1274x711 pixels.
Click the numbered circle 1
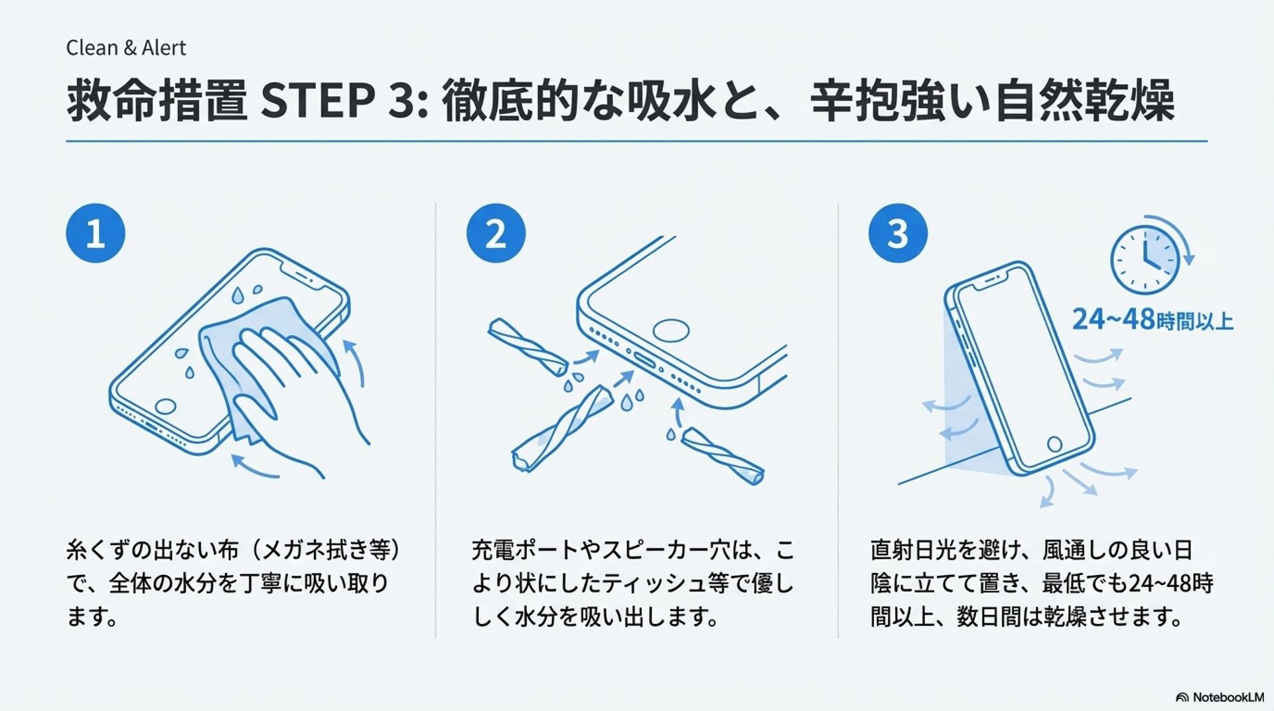coord(96,233)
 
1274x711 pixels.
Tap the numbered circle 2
coord(496,233)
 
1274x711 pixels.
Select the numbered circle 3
coord(898,233)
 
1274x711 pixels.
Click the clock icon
coord(1145,261)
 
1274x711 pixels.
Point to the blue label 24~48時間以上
coord(1153,320)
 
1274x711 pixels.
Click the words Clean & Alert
coord(126,48)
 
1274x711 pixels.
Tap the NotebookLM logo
coord(1220,697)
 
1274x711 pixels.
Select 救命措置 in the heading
coord(157,101)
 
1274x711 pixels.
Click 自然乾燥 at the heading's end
coord(1084,101)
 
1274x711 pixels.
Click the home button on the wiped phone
coord(165,407)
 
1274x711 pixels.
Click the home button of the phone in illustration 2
coord(670,330)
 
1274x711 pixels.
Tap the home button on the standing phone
coord(1054,444)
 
